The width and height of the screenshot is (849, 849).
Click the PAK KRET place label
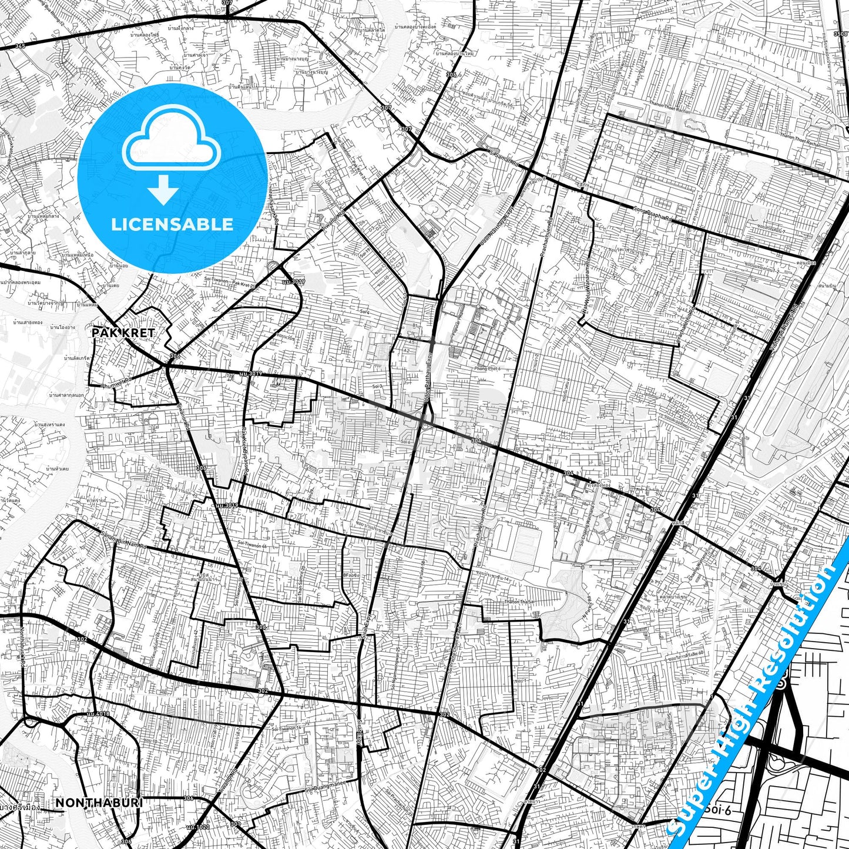(x=123, y=333)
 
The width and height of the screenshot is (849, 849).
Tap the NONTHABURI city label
(x=99, y=803)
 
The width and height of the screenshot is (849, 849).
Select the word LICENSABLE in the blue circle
(x=172, y=224)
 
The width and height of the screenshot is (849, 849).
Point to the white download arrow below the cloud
(x=163, y=189)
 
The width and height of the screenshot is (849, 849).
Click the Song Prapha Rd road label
(x=652, y=214)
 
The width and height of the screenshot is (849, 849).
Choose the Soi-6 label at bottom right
(x=719, y=810)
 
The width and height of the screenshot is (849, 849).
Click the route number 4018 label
(x=97, y=714)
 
